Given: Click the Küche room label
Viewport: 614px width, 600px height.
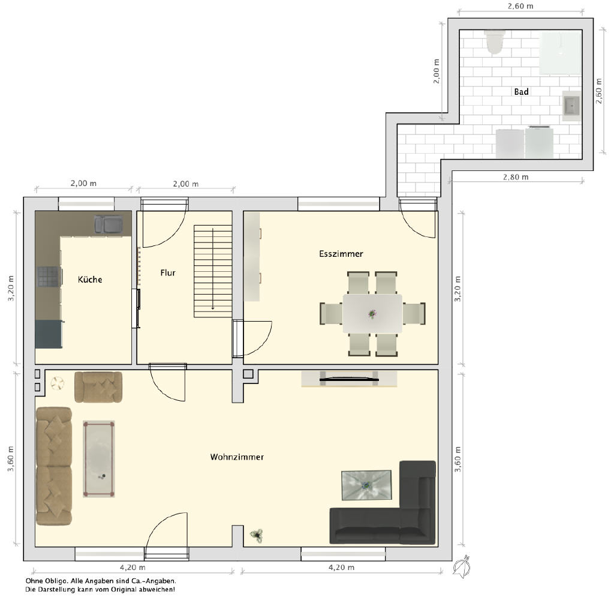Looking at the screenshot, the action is pos(90,280).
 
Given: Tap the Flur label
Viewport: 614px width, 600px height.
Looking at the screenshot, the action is pos(168,273).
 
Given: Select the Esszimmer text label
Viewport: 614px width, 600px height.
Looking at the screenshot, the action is pos(341,254).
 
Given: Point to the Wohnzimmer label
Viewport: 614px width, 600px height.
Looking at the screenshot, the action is pos(237,457).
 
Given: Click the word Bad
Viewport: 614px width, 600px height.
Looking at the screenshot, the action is pos(521,92).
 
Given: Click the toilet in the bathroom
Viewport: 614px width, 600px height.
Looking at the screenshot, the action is pos(494,42).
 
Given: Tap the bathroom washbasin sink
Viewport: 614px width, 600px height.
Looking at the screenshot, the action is pos(571,106).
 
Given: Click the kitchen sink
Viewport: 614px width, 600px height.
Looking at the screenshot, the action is pos(108,224).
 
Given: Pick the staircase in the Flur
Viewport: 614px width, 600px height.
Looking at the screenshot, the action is pos(213,271).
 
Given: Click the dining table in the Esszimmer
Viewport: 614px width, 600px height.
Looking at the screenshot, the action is pos(372,314).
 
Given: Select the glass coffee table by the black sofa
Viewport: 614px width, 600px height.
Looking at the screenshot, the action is pos(366,485).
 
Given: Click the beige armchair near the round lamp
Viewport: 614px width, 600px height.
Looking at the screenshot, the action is pos(98,387).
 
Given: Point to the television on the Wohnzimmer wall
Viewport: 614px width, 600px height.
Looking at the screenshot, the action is pos(349,379).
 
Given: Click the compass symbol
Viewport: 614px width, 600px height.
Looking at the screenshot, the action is pos(462,566).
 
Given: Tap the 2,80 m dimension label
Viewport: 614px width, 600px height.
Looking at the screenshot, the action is pos(516,177).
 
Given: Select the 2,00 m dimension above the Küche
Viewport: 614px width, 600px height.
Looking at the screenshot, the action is pos(83,184).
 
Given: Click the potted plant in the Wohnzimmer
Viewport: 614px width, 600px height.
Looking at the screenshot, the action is pos(257,535).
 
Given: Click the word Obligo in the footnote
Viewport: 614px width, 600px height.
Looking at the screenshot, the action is pos(58,581).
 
